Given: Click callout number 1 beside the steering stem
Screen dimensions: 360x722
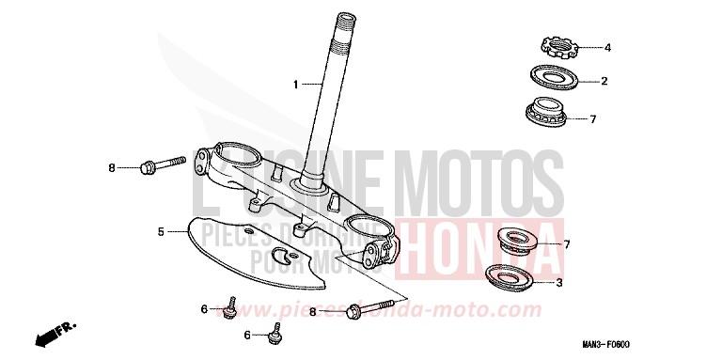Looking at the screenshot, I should [294, 85].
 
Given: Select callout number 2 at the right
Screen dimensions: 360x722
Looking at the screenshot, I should [604, 81].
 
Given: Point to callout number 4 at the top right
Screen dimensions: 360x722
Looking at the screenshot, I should [607, 47].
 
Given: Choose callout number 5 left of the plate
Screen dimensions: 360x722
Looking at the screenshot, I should [161, 230].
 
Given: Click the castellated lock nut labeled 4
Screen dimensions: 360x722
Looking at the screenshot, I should [558, 44].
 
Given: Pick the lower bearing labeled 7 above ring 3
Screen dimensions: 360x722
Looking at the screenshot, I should [515, 243].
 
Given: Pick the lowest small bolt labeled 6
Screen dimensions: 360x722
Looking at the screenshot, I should [275, 332].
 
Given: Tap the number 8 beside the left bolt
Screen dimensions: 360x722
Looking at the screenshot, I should [137, 168].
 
